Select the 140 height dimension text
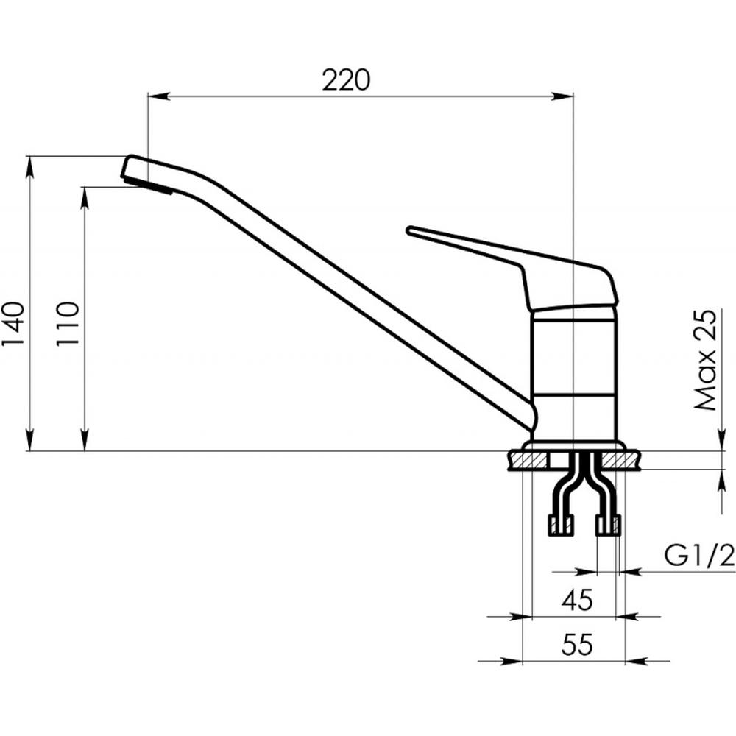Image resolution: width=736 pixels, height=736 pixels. tap(13, 324)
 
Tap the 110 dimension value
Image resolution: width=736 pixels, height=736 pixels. tap(67, 324)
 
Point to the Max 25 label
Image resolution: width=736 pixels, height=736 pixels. tap(706, 360)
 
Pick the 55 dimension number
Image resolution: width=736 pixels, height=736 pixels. tap(577, 645)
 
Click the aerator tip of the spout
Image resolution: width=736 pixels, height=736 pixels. tap(146, 185)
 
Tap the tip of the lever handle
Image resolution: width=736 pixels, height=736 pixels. tap(409, 230)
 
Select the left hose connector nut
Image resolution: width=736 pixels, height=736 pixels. tap(561, 526)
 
